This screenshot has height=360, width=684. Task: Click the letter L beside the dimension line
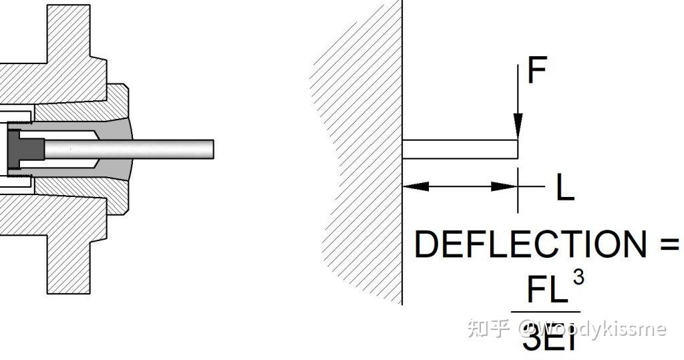564,189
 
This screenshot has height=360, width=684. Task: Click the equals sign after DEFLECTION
669,244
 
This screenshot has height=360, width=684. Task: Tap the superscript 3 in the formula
578,277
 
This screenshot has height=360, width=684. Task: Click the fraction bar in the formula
545,312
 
